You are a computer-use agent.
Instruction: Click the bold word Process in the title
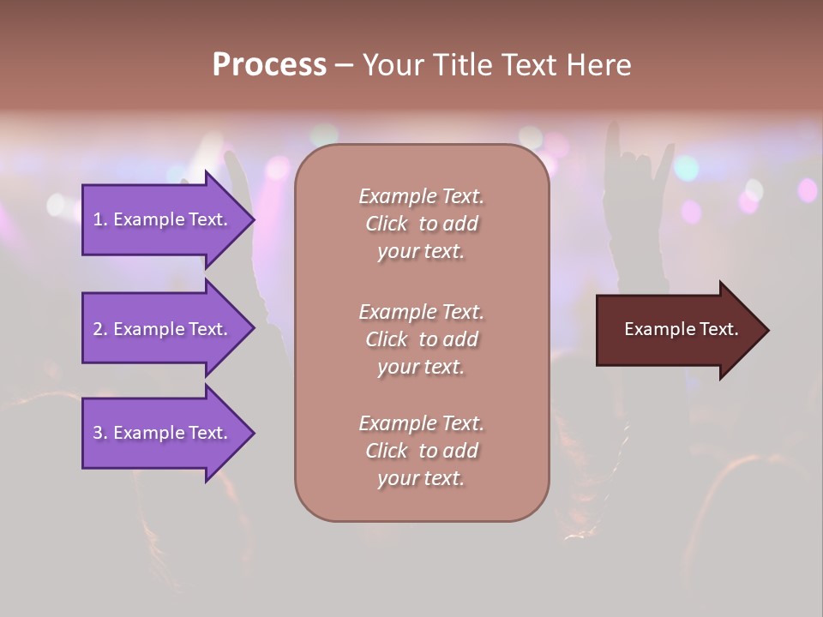click(x=269, y=65)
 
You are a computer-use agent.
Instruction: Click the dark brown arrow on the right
click(x=677, y=330)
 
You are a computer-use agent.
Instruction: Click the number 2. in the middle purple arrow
click(x=100, y=329)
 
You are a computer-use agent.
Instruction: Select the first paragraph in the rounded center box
click(x=421, y=224)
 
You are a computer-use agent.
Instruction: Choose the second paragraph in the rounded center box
click(x=421, y=339)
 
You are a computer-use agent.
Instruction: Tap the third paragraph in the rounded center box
click(x=421, y=451)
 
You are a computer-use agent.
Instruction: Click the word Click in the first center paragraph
click(x=387, y=224)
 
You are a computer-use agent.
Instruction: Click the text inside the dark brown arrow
click(x=681, y=329)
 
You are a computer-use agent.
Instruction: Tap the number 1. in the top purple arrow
click(x=100, y=219)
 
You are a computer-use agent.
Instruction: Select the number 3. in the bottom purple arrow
click(x=100, y=433)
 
